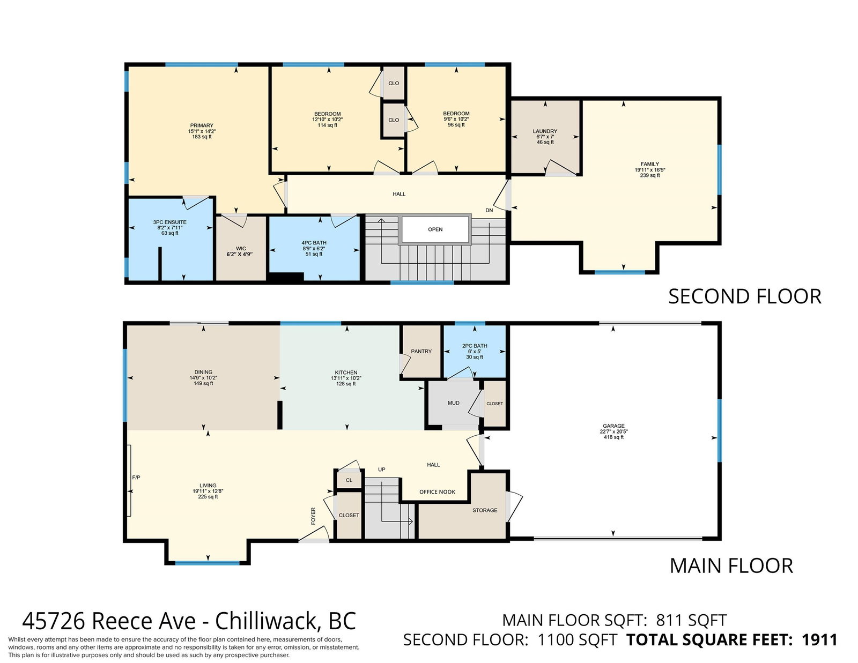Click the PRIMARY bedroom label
[202, 125]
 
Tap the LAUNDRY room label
[545, 131]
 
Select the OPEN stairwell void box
[435, 229]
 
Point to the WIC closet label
[241, 249]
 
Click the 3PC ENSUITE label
[170, 222]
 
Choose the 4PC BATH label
[314, 243]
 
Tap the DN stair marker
[489, 210]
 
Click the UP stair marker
[381, 470]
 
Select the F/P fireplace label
[136, 478]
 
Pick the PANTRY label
[421, 351]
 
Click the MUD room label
[453, 403]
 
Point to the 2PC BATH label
[475, 346]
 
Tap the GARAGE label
[613, 426]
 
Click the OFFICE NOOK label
[437, 491]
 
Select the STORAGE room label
[485, 510]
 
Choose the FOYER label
[313, 516]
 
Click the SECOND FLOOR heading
[745, 296]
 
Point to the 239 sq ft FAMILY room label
[650, 175]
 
